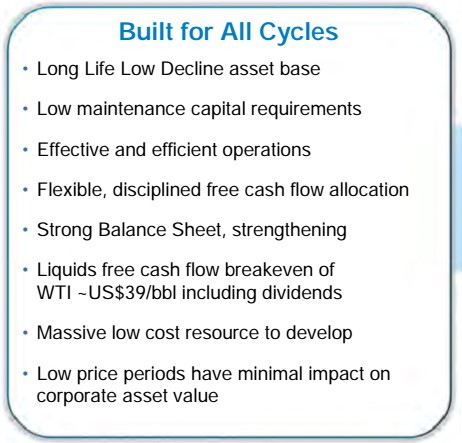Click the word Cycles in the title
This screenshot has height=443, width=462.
pos(298,33)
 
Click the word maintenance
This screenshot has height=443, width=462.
pos(131,109)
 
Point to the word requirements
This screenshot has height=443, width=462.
pos(306,110)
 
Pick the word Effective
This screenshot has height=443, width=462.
pos(73,149)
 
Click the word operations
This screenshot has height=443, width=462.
pos(266,150)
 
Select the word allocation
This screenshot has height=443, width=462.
pos(369,190)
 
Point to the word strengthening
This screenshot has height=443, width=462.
pos(289,230)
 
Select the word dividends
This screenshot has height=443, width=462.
pos(302,293)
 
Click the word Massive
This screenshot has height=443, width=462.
pos(71,333)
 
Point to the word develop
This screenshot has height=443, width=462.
pos(319,333)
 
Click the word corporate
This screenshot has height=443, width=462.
pos(77,397)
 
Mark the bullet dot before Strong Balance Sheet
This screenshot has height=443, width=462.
pos(25,230)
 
